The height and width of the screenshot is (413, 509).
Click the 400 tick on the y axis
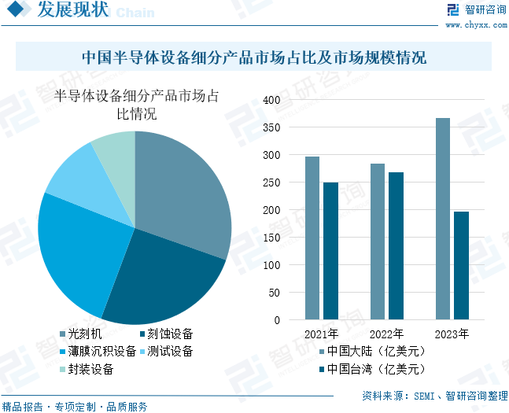point(271,100)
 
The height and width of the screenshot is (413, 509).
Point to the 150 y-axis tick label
point(271,238)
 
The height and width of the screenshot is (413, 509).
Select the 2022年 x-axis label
point(386,334)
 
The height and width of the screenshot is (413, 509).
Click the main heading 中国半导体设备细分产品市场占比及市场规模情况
point(253,57)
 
